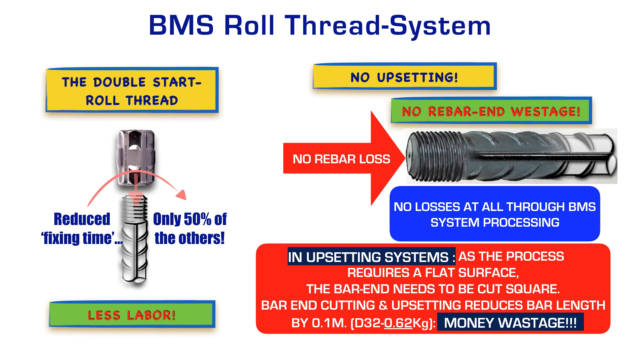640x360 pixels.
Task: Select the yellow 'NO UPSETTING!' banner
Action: [x=404, y=77]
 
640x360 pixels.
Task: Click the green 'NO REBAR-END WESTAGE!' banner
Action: [x=491, y=111]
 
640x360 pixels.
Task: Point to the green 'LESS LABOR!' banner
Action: [x=132, y=315]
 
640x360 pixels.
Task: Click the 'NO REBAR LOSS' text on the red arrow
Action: [x=341, y=159]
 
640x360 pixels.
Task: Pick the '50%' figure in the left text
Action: [x=198, y=219]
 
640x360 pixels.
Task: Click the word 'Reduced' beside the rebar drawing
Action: [x=82, y=219]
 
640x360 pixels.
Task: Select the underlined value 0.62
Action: [x=398, y=323]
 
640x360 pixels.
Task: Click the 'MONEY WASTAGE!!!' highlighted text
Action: [x=510, y=323]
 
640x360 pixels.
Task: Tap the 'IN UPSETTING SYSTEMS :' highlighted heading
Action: [x=371, y=257]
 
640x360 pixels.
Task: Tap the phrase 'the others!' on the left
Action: [x=190, y=238]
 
